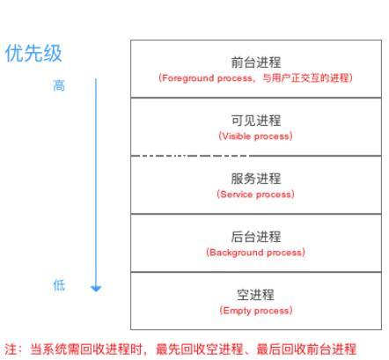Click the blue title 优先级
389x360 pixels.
(33, 53)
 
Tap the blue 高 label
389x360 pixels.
(59, 85)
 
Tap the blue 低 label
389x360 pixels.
(59, 285)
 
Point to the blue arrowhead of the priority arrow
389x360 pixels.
(96, 289)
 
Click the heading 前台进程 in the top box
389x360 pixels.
(256, 62)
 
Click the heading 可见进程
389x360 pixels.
(256, 121)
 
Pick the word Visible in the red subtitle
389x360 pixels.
(236, 136)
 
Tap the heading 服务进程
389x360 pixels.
(256, 179)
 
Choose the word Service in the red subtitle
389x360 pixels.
(236, 195)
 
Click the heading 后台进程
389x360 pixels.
(256, 237)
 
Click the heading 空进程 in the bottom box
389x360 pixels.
(256, 295)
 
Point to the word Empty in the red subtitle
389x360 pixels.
(237, 311)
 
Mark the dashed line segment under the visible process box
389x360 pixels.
(191, 156)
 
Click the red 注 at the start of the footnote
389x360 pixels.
(11, 349)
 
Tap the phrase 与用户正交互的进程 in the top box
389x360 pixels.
(305, 78)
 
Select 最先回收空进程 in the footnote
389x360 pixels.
(200, 349)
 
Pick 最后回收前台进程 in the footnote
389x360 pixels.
(306, 349)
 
